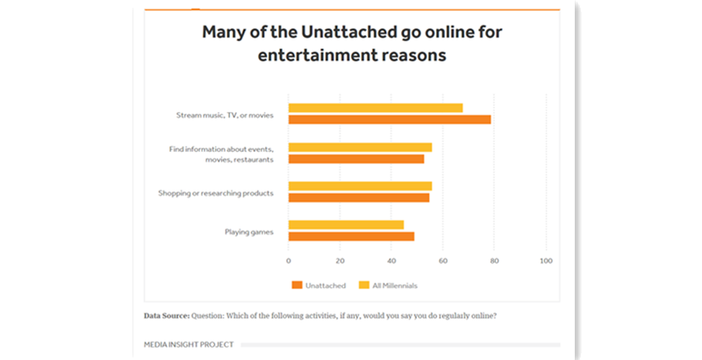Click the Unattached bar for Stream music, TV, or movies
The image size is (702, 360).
(390, 120)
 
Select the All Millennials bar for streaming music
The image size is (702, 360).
(376, 108)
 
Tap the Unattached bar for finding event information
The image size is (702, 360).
(356, 159)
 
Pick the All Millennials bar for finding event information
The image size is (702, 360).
(360, 147)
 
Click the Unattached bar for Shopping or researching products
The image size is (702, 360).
(359, 198)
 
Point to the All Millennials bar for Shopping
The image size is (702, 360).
(360, 185)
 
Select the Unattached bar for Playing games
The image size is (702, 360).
(351, 236)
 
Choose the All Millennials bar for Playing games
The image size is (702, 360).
(346, 224)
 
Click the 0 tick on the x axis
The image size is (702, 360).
(288, 261)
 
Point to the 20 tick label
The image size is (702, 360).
(340, 261)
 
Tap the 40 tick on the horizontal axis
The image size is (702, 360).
(391, 261)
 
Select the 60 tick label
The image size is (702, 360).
(443, 261)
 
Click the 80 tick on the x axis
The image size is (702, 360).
(495, 261)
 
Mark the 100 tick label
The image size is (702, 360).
(546, 261)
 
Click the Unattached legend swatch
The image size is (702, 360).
(297, 285)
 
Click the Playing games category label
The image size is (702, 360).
(249, 231)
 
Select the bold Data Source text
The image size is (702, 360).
(167, 315)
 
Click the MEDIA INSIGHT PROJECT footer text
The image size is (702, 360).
(189, 345)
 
